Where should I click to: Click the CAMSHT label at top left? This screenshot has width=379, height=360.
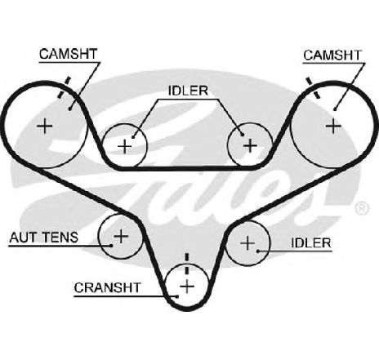(68, 54)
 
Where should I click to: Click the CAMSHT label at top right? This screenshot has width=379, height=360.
(332, 56)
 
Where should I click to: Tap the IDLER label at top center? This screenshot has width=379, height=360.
(188, 91)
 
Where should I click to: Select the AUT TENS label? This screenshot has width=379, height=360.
(44, 238)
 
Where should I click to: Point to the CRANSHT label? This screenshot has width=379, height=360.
(107, 287)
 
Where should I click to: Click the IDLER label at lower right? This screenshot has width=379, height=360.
(311, 243)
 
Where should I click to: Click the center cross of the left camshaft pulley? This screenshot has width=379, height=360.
(45, 126)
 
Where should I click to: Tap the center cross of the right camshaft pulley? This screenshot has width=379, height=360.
(333, 126)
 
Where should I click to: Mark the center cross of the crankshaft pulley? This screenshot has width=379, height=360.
(187, 287)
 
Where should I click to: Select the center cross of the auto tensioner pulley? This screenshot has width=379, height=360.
(121, 236)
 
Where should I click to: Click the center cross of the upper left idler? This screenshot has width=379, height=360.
(125, 146)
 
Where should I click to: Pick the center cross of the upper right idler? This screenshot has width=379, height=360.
(250, 145)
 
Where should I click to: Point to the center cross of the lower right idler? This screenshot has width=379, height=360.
(247, 242)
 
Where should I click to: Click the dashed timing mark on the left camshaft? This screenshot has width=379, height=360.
(65, 87)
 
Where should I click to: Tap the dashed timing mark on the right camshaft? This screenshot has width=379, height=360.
(312, 87)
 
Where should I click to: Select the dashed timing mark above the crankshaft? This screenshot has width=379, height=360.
(187, 264)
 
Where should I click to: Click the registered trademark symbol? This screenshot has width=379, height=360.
(362, 208)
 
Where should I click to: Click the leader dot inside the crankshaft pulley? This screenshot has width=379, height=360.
(177, 296)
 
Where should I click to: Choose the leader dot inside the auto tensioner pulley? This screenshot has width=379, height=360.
(111, 246)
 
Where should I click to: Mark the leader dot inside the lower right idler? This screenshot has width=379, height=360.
(257, 251)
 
